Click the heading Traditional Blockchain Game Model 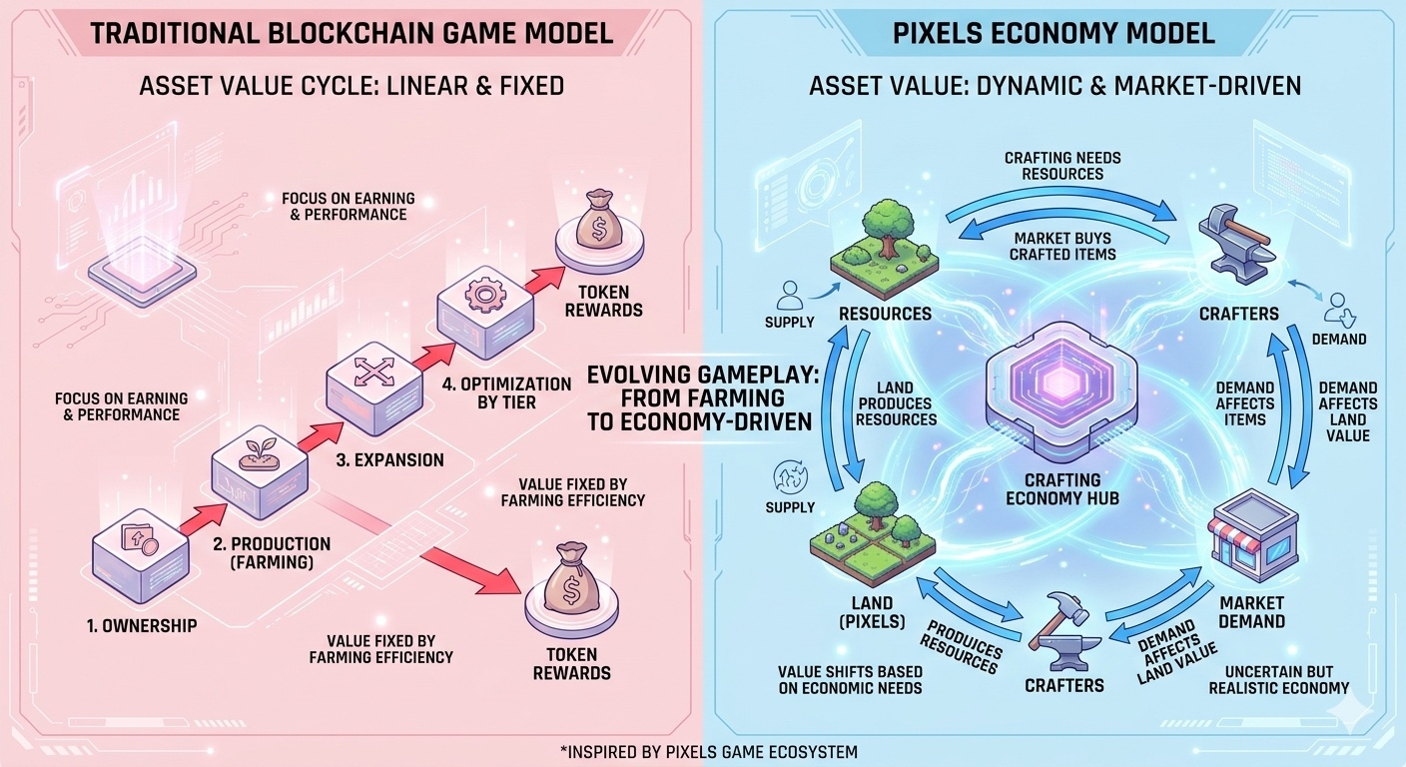pyautogui.click(x=351, y=32)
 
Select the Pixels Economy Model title pyautogui.click(x=1054, y=32)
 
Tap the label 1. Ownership pyautogui.click(x=141, y=626)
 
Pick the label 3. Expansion pyautogui.click(x=388, y=460)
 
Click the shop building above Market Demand pyautogui.click(x=1252, y=540)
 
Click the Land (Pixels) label pyautogui.click(x=873, y=611)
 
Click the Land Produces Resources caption pyautogui.click(x=896, y=402)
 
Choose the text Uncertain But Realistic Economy pyautogui.click(x=1278, y=679)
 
